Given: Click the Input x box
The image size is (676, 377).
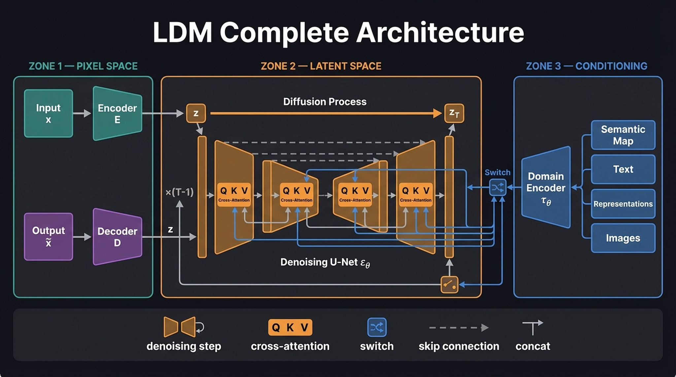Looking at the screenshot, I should pos(49,113).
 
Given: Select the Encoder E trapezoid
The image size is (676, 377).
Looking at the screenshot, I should pos(118,113).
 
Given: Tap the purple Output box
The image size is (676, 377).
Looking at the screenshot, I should pos(49,236).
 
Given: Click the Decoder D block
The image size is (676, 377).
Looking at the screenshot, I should pos(118,236).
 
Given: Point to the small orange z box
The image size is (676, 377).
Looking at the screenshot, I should pos(196,113).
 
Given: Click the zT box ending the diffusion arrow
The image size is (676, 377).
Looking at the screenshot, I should pos(454,113).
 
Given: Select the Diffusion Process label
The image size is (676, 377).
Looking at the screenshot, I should pos(325,102).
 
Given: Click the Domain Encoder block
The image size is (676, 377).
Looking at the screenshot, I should pos(546,187).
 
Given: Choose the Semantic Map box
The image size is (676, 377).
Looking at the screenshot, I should pos(623,135).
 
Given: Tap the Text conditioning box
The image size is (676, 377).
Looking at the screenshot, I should pos(623,169).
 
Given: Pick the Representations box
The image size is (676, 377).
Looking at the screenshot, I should pos(623,204).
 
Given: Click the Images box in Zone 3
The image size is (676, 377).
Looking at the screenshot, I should pos(623,238).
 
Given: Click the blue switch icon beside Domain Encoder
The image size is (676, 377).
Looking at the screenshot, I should pos(497,188).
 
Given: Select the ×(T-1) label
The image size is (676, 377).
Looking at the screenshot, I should pos(180,192).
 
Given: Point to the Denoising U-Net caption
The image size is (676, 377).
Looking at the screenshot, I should pos(325,263).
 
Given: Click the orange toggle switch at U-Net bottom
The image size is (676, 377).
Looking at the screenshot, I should pos(449,284).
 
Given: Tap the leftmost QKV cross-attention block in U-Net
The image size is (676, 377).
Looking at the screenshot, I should pos(234,195).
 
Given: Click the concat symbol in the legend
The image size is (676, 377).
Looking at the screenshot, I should pos(532,327).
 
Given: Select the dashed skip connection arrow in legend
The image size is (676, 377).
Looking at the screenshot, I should pos(458,328).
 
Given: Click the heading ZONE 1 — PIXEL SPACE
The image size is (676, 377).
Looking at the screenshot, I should pos(83,66).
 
